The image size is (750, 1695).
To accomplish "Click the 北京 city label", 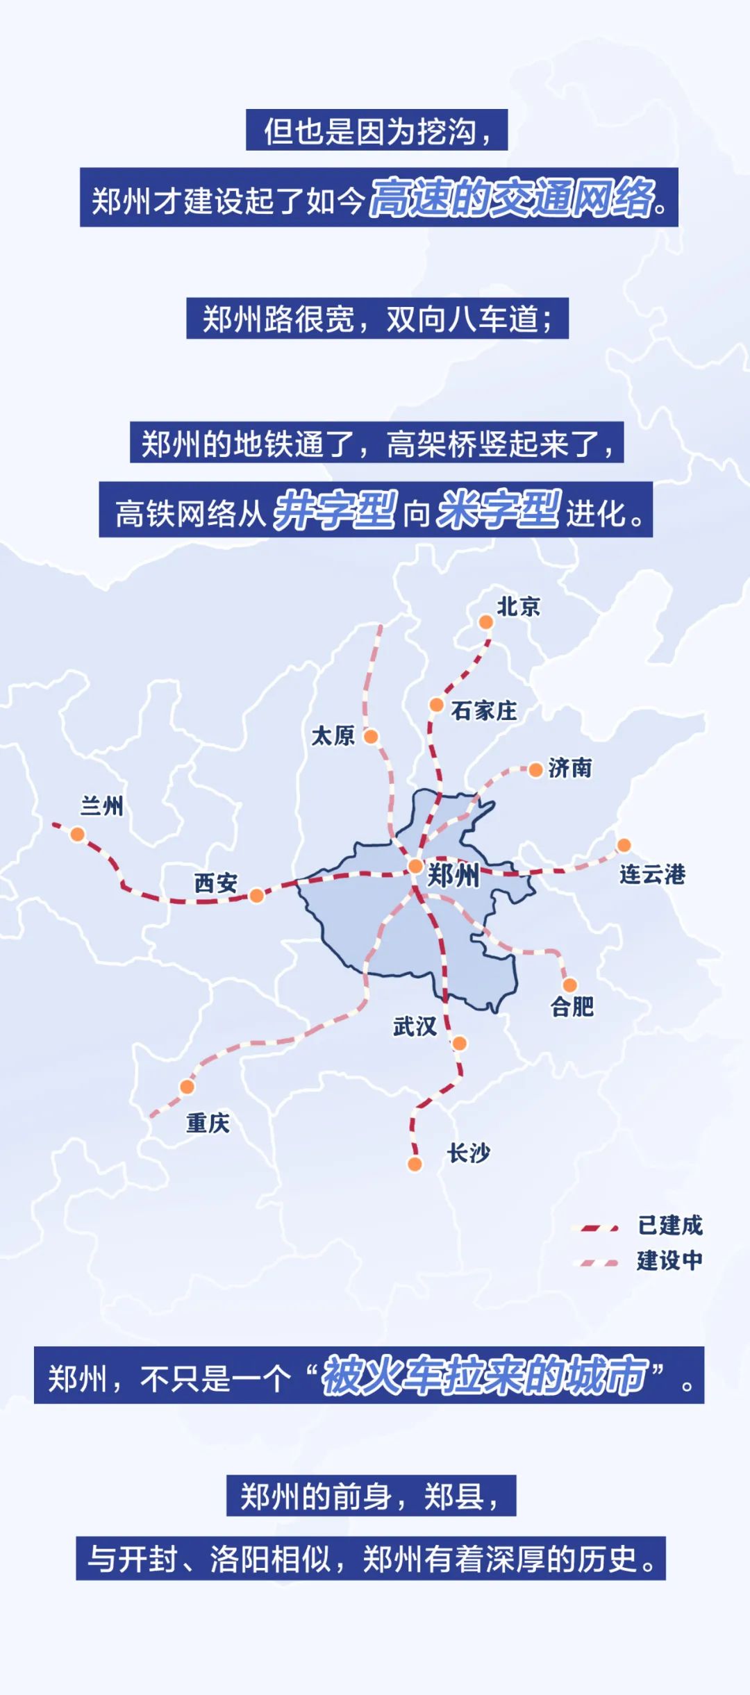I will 518,606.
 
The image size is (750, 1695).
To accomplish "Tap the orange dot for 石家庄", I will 436,705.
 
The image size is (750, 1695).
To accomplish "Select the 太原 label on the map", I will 333,735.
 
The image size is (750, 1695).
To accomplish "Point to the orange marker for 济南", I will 535,769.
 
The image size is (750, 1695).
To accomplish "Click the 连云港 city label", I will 652,874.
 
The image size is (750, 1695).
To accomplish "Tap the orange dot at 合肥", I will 569,985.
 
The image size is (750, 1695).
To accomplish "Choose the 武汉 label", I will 415,1026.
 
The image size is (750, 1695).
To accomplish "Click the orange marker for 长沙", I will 415,1164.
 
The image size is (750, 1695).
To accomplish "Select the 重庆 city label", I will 208,1122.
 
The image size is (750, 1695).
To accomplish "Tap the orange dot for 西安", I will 256,896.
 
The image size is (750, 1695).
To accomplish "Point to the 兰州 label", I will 101,805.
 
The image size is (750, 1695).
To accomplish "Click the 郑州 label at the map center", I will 453,875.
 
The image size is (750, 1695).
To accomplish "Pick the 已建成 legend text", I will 670,1226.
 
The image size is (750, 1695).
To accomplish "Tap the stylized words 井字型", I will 335,511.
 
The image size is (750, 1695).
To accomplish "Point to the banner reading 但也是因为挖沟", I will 376,131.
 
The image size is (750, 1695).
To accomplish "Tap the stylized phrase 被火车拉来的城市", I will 484,1376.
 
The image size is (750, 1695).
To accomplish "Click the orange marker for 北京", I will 486,621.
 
